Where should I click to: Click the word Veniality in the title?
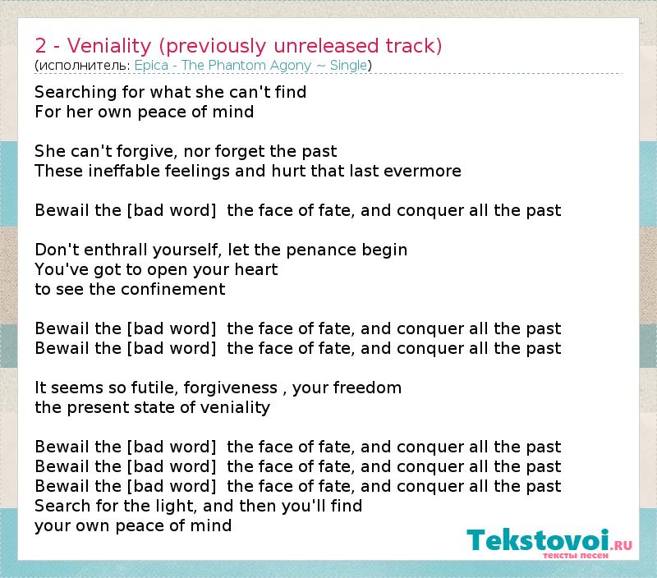tap(109, 46)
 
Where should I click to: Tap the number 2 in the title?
tap(40, 46)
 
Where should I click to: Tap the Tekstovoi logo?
tap(549, 544)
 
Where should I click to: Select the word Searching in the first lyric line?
tap(76, 93)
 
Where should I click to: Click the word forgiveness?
tap(231, 388)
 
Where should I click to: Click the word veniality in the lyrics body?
tap(235, 407)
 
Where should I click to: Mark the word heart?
tap(256, 270)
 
